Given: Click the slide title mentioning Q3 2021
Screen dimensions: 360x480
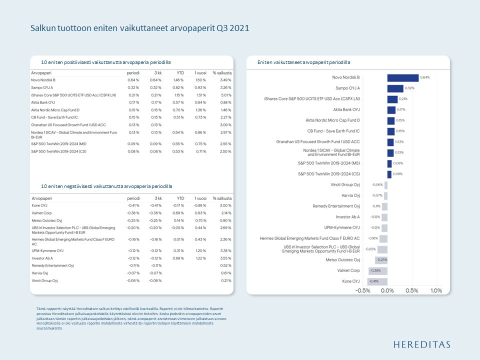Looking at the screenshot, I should (x=139, y=28).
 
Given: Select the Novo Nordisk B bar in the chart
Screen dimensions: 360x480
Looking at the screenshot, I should (x=402, y=77).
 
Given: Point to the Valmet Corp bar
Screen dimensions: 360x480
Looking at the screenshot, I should (x=378, y=270).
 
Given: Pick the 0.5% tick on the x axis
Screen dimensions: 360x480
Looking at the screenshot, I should (x=411, y=290).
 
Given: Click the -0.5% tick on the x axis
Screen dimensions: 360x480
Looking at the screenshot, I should (x=363, y=290).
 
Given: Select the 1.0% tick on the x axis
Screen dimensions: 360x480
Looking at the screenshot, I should (x=436, y=290).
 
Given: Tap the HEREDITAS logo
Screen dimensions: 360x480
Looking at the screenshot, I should (x=421, y=344).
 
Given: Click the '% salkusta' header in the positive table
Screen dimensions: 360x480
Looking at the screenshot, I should (x=222, y=73).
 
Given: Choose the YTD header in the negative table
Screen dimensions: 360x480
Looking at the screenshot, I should (x=180, y=198).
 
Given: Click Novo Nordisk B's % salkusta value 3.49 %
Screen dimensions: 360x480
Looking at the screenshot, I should (x=225, y=80).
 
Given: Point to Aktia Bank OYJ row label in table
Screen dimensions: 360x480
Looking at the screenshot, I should (x=43, y=102).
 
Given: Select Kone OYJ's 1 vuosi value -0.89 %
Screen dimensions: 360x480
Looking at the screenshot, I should (x=200, y=205).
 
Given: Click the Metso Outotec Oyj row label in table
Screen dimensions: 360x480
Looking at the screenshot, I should (x=46, y=220).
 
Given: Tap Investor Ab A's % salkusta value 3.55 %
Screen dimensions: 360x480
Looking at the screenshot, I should (x=225, y=258).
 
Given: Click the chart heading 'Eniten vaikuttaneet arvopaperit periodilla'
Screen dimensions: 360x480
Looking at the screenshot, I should (x=303, y=62).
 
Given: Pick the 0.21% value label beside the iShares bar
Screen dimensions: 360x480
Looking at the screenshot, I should (x=403, y=99).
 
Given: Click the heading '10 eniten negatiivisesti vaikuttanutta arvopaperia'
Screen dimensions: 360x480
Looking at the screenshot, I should (x=106, y=186).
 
